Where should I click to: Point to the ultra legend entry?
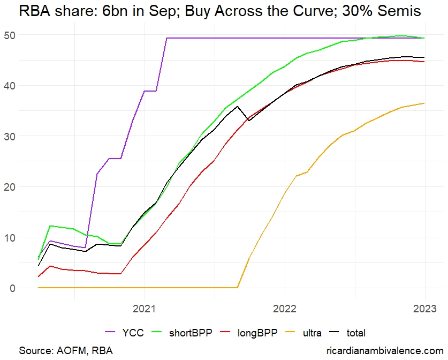pos(312,333)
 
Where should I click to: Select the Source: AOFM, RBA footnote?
pos(66,350)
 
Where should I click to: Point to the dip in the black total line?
pos(248,121)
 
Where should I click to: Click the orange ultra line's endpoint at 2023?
pos(424,103)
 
